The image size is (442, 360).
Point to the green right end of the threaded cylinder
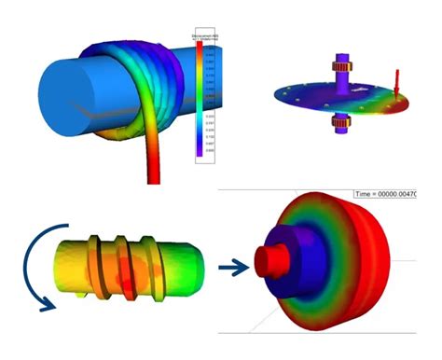190,266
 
